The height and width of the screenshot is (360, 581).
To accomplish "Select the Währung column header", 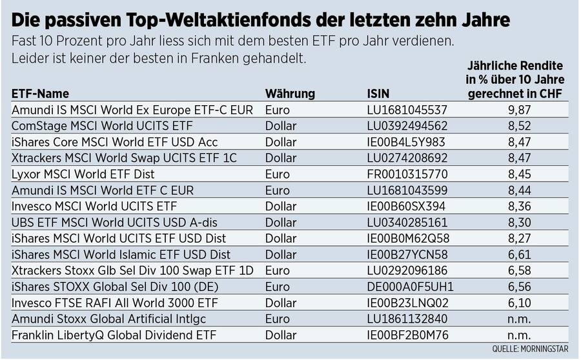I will pyautogui.click(x=290, y=94).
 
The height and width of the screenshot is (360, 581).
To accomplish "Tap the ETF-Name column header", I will pyautogui.click(x=40, y=94).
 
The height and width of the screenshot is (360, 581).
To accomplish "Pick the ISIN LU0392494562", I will pyautogui.click(x=406, y=126).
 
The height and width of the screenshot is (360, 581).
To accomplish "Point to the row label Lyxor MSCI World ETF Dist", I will pyautogui.click(x=83, y=174).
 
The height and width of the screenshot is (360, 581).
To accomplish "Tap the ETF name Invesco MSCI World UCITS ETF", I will pyautogui.click(x=94, y=206).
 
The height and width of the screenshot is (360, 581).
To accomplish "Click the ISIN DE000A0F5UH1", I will pyautogui.click(x=409, y=287).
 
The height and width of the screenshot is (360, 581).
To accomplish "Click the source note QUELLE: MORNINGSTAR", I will pyautogui.click(x=530, y=349).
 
